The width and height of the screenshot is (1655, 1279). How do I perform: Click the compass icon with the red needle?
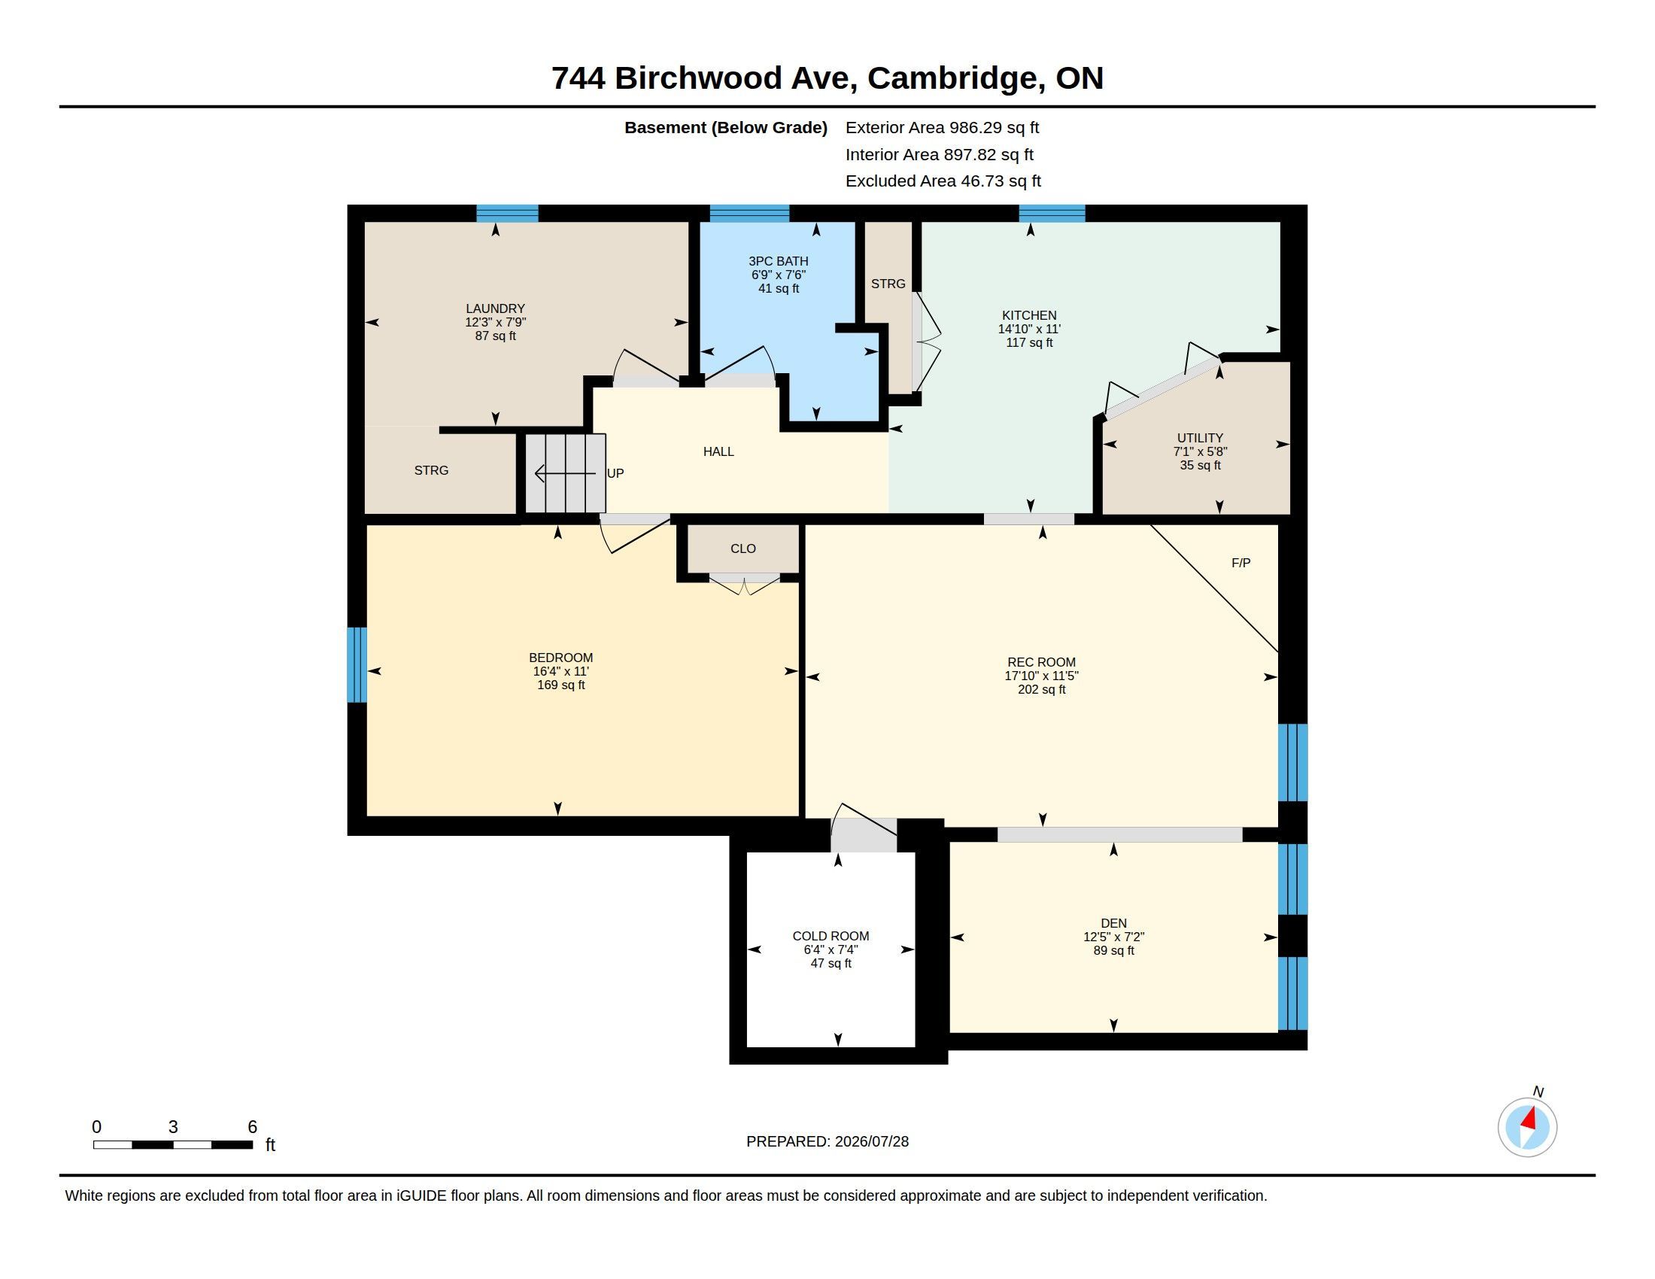(1527, 1127)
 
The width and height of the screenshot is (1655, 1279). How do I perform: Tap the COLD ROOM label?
(831, 936)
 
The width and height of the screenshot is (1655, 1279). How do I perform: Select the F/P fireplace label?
(1240, 563)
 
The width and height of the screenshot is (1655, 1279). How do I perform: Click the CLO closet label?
(742, 548)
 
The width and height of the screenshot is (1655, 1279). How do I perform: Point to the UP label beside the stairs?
(615, 473)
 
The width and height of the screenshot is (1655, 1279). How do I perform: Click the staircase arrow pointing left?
(564, 473)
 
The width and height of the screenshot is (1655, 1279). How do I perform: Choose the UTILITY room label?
(1200, 438)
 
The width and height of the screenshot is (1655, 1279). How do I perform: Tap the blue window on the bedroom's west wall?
(356, 664)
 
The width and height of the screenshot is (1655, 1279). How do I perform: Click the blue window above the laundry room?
(507, 213)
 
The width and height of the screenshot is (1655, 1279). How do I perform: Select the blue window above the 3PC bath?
(749, 213)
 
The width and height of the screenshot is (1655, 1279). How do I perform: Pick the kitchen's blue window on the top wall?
(1052, 213)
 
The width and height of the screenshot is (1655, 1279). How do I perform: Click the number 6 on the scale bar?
(252, 1127)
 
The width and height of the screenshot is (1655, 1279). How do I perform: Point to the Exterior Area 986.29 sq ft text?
(942, 128)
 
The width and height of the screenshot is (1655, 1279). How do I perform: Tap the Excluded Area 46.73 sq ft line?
(943, 181)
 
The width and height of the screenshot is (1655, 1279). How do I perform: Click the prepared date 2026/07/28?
(870, 1141)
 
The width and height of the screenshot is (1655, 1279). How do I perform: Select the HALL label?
(718, 451)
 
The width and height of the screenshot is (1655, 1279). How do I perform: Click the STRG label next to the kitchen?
(888, 284)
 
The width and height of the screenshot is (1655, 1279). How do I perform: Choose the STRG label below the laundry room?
(431, 470)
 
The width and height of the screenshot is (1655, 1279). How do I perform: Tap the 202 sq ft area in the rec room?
(1041, 689)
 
